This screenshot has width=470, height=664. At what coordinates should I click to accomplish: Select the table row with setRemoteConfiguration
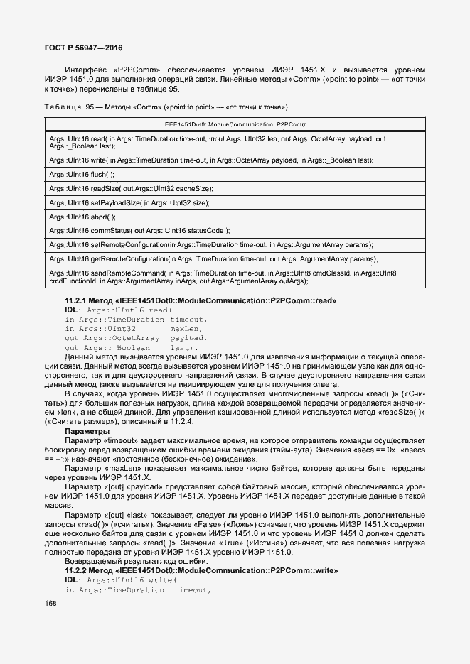coord(213,245)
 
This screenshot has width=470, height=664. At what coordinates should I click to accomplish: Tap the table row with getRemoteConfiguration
coord(213,259)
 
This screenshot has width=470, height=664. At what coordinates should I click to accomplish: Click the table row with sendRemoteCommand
coord(213,277)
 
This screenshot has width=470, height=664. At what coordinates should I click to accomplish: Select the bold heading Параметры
coord(87,431)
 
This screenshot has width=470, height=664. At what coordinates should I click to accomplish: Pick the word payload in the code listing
coord(187,338)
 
